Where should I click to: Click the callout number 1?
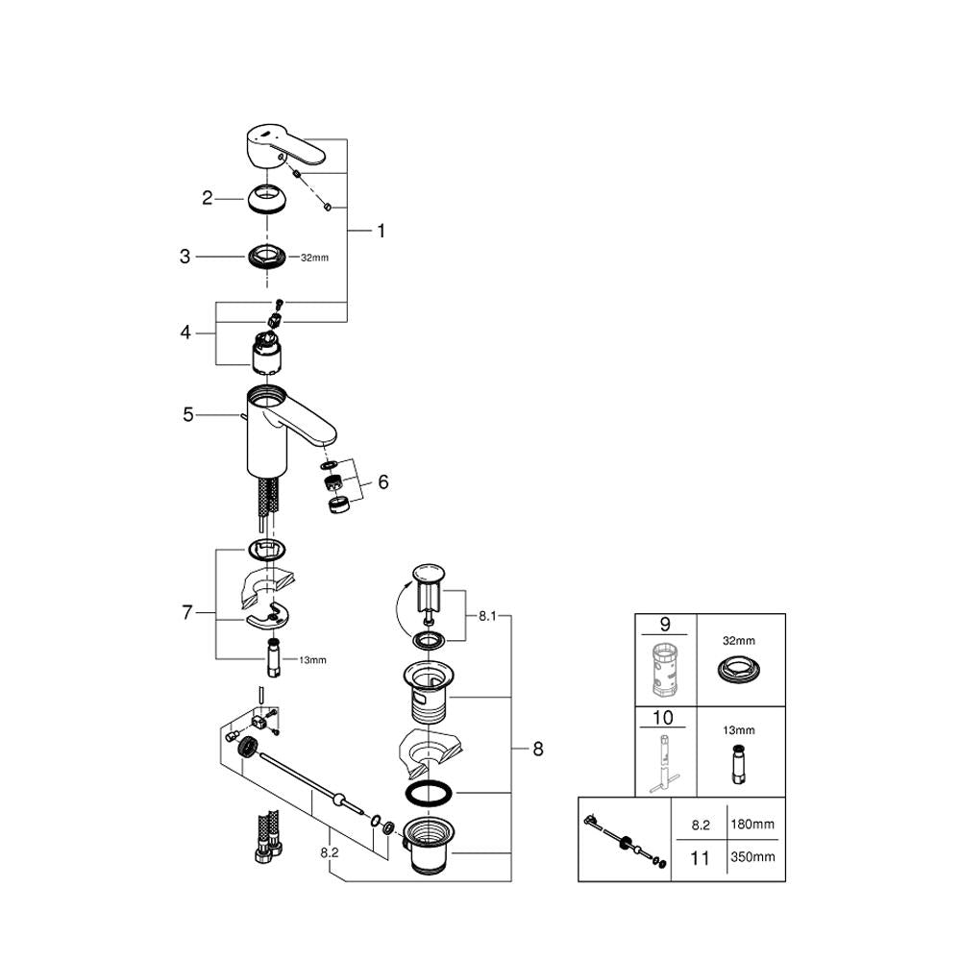pyautogui.click(x=381, y=232)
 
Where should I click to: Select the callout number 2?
pyautogui.click(x=207, y=198)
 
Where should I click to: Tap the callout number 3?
pyautogui.click(x=185, y=257)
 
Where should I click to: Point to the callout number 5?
pyautogui.click(x=189, y=415)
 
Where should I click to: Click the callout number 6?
pyautogui.click(x=382, y=481)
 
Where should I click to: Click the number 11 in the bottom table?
pyautogui.click(x=700, y=857)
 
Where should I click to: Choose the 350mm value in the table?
pyautogui.click(x=752, y=857)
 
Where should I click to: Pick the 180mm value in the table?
pyautogui.click(x=752, y=824)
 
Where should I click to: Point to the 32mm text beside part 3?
pyautogui.click(x=314, y=258)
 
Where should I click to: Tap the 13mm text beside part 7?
pyautogui.click(x=312, y=659)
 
